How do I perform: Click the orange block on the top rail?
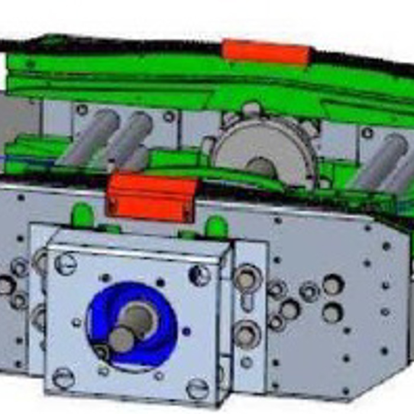266,53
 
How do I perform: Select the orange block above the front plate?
151,196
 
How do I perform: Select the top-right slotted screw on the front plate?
199,275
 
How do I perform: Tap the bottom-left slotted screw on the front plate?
63,377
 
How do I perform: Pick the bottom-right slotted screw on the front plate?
197,388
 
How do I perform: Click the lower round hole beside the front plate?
247,335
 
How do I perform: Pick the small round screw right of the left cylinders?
169,117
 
